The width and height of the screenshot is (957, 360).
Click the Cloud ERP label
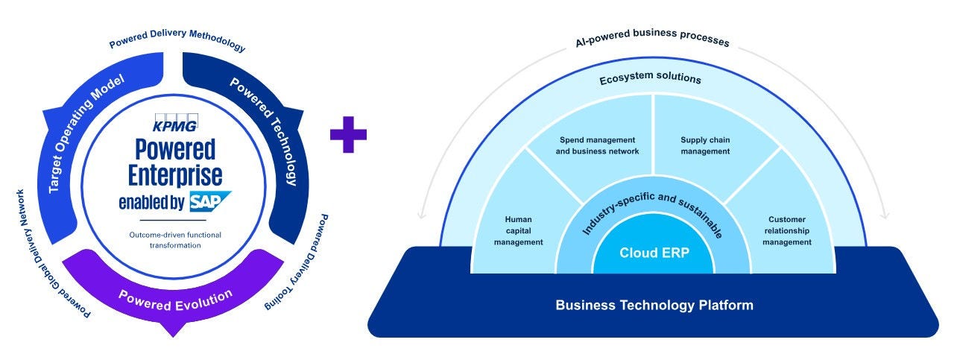pyautogui.click(x=654, y=252)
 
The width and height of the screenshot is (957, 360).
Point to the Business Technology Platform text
pyautogui.click(x=654, y=305)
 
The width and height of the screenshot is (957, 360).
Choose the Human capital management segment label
pyautogui.click(x=518, y=231)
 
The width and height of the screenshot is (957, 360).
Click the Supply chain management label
pyautogui.click(x=704, y=145)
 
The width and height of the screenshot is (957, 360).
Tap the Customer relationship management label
pyautogui.click(x=786, y=231)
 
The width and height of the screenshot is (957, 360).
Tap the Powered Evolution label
pyautogui.click(x=175, y=298)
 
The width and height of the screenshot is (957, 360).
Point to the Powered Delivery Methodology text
pyautogui.click(x=177, y=42)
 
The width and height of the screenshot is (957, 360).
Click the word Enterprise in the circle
pyautogui.click(x=175, y=175)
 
